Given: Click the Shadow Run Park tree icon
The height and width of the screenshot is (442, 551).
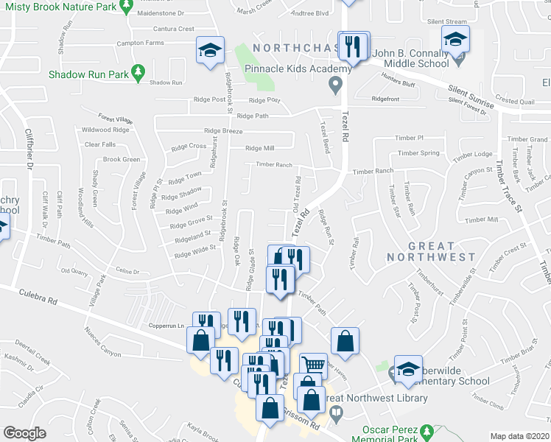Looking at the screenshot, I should [x=137, y=72].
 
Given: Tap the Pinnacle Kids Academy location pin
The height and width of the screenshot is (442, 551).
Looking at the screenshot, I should [x=336, y=85].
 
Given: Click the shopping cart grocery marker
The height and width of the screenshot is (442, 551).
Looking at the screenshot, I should [x=315, y=364].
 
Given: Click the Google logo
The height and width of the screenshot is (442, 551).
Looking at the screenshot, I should [x=24, y=433].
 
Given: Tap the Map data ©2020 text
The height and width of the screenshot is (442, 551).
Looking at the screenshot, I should [x=519, y=436].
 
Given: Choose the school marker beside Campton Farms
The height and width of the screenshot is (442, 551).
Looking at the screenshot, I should [x=210, y=50].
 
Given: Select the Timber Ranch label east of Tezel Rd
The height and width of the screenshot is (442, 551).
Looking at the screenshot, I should [x=373, y=171].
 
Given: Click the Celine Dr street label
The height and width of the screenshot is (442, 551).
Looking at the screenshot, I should [x=127, y=272].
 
